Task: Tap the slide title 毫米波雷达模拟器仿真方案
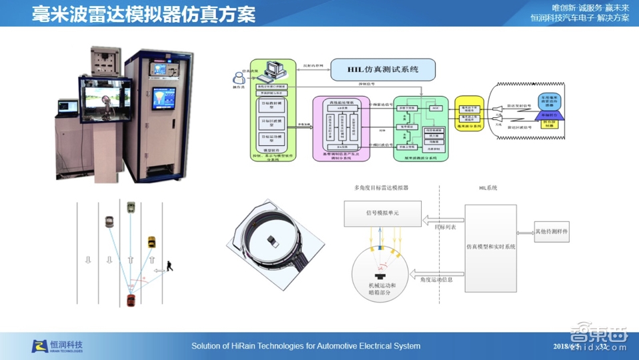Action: [x=144, y=14]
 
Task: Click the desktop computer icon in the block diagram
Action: [x=274, y=69]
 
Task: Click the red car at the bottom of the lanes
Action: [x=131, y=299]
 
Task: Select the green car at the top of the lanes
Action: [x=131, y=207]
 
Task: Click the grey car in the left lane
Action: [x=109, y=221]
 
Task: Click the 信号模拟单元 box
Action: [x=382, y=213]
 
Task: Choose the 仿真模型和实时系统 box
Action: [x=490, y=247]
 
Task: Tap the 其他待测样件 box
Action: [x=552, y=232]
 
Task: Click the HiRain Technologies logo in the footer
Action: [x=57, y=346]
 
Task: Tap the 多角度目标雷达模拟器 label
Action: [x=381, y=189]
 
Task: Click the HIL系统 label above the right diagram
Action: [x=488, y=189]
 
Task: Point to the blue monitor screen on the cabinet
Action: [x=163, y=97]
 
